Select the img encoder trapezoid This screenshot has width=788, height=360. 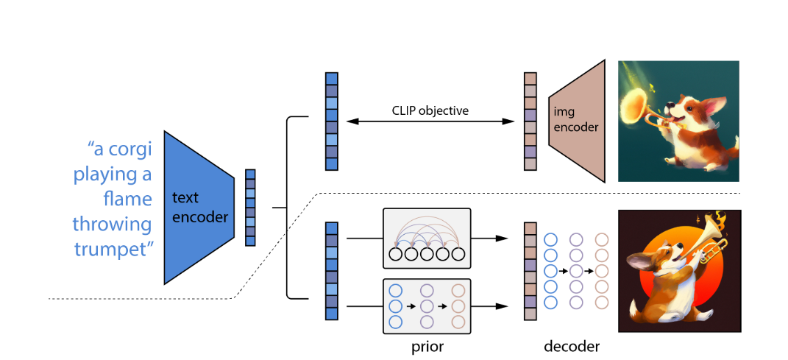coord(578,121)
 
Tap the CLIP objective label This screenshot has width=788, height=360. coord(430,111)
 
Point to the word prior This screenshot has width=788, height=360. coord(427,345)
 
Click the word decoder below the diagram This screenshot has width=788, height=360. coord(572,345)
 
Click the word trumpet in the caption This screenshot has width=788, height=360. coord(113,249)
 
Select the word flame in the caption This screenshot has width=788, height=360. coord(127,199)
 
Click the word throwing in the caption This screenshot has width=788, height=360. coord(112,223)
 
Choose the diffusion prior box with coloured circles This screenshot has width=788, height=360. coord(426,304)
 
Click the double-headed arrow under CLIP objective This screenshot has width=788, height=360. coord(430,122)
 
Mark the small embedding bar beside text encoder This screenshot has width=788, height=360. coord(250,207)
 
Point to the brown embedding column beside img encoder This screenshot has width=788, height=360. coord(530,121)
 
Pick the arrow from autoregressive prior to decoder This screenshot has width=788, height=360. coord(489,239)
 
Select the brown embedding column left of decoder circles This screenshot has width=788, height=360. coord(530,271)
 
